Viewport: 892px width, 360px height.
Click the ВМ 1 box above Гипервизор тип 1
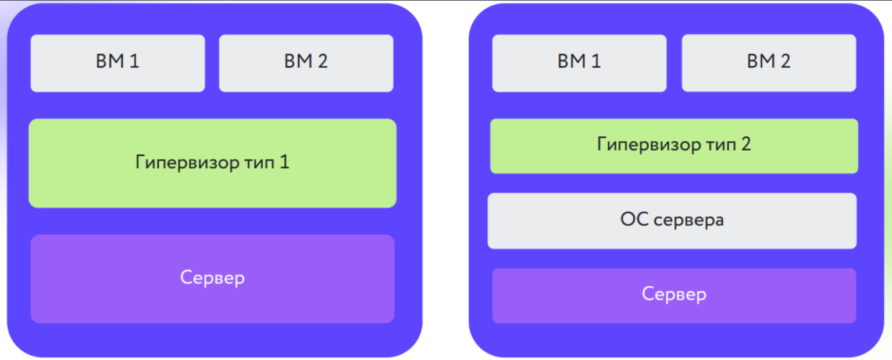click(x=118, y=63)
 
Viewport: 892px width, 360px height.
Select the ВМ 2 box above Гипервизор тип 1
click(x=306, y=63)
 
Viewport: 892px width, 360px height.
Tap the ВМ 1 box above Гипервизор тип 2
click(x=579, y=63)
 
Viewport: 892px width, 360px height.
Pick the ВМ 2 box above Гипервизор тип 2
click(x=769, y=63)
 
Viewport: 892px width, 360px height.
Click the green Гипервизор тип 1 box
click(x=213, y=163)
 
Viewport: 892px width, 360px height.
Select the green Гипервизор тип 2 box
click(x=674, y=146)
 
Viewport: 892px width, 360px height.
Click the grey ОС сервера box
click(x=672, y=221)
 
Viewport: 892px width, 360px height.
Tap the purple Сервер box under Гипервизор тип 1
click(x=213, y=279)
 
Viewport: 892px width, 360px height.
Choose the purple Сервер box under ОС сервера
click(x=674, y=295)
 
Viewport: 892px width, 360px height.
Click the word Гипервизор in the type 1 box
click(x=187, y=162)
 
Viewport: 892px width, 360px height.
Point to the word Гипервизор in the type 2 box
click(x=649, y=144)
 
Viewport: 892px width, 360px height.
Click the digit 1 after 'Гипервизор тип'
click(x=284, y=162)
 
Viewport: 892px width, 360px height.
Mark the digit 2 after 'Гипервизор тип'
click(x=746, y=144)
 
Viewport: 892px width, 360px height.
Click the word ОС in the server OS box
click(x=634, y=219)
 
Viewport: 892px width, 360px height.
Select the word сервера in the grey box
click(x=688, y=220)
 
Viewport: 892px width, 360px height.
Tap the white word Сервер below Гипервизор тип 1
click(x=213, y=278)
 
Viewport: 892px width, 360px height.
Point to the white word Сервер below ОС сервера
click(x=674, y=295)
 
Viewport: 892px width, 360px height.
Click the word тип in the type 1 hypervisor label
click(x=259, y=163)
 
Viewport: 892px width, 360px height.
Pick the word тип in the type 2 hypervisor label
click(x=721, y=145)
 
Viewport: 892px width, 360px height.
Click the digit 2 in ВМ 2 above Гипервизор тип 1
click(x=323, y=61)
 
